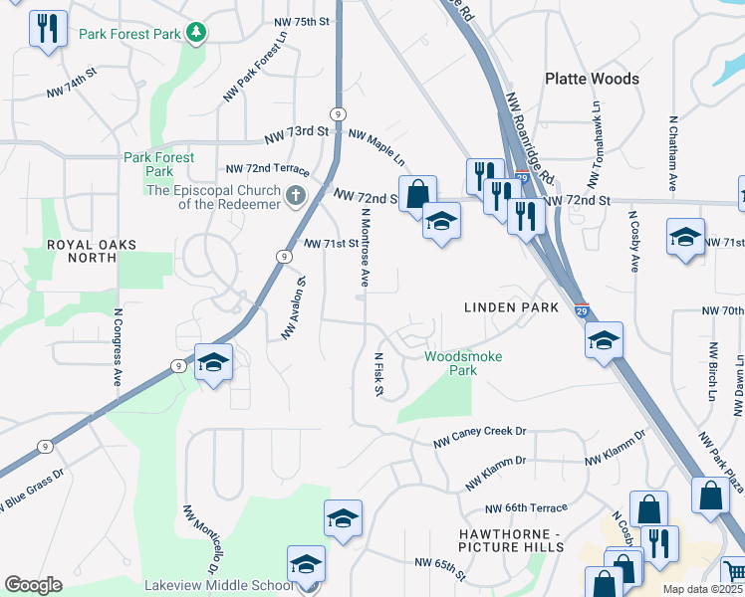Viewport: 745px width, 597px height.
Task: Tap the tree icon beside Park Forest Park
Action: click(197, 34)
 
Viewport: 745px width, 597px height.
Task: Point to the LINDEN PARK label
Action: click(511, 307)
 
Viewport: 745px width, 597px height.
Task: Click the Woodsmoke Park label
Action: click(463, 363)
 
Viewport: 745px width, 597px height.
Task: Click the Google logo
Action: click(33, 584)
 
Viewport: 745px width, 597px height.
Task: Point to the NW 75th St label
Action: click(301, 22)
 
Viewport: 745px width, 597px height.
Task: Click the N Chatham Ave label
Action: click(673, 153)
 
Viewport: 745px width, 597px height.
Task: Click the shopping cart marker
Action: click(733, 571)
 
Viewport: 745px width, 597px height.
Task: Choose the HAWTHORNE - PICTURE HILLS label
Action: click(511, 540)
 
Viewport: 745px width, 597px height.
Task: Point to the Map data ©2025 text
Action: click(701, 589)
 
